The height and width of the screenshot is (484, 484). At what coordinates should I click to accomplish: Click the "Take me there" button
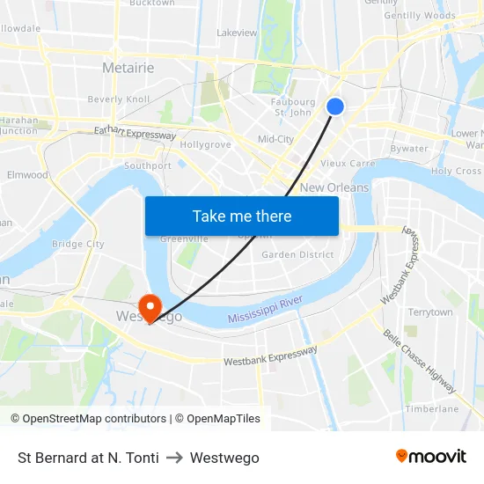242,216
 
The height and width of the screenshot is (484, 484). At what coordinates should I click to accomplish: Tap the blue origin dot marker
335,106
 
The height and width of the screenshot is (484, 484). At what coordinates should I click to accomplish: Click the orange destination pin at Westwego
150,306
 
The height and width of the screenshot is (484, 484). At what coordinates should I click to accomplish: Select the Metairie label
128,68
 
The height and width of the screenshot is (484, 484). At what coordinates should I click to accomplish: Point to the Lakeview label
237,33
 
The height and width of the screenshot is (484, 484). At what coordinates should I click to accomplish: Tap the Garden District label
297,255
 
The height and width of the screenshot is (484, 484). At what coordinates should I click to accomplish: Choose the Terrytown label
430,312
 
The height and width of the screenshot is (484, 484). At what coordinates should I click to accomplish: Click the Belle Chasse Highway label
419,361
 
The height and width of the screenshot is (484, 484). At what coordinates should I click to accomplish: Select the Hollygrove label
205,144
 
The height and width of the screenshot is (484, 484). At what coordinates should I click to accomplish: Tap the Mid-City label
275,139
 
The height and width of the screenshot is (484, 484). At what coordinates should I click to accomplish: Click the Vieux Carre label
348,163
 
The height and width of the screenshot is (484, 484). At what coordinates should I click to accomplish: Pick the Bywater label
409,149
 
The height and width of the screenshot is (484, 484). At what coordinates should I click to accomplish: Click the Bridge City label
78,244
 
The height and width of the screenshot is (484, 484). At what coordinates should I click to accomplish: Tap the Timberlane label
432,408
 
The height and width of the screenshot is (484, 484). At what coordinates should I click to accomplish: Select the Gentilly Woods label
420,15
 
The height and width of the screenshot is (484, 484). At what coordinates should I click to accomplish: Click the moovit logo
431,457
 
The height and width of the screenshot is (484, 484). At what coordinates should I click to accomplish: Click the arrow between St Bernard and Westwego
174,458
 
